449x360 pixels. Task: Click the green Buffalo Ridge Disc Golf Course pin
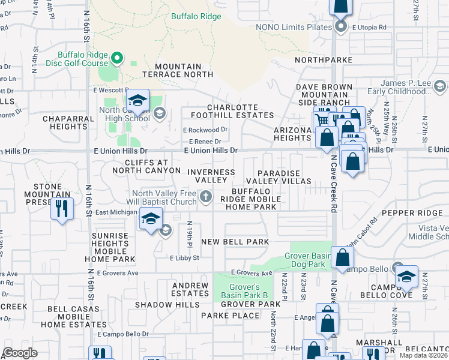pos(118,58)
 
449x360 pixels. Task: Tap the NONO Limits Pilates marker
pos(341,26)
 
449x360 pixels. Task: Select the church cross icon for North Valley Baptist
pos(206,196)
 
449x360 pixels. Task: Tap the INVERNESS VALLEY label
pos(211,176)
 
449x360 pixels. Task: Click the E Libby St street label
pos(184,258)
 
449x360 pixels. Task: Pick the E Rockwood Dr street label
pos(205,130)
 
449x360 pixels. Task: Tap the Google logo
pos(20,352)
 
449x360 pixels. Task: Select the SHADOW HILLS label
pos(167,305)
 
